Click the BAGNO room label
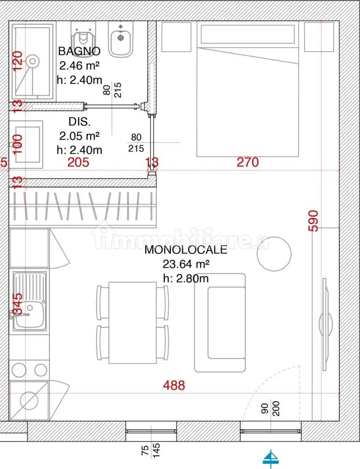coord(79,50)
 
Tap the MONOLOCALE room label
coord(185,250)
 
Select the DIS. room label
coord(79,121)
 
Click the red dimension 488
coord(174,385)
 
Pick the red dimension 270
coord(247,162)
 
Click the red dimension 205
coord(78,163)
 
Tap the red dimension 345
coord(17,304)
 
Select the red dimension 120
coord(17,61)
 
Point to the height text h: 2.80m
coord(186,278)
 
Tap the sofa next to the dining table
coord(220,322)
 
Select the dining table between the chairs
coord(132,322)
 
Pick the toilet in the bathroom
coord(83,38)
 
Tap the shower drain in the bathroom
coord(32,60)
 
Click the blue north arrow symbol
coord(270,458)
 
